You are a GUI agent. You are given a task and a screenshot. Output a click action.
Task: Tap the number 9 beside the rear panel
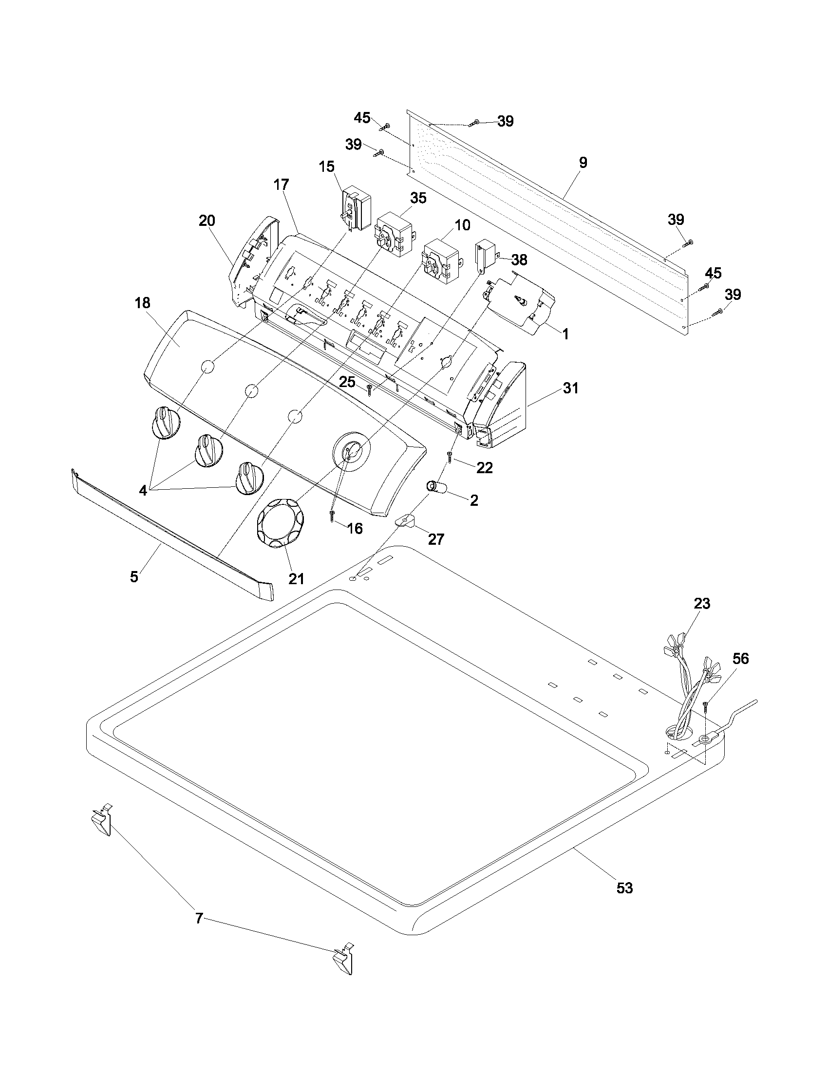click(583, 163)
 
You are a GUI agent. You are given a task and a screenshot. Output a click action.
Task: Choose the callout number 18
click(142, 303)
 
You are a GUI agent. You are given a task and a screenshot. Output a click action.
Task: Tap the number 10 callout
click(462, 225)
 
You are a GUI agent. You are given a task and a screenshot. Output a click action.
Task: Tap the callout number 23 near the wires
click(702, 604)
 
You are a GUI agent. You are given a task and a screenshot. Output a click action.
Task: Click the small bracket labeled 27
click(405, 521)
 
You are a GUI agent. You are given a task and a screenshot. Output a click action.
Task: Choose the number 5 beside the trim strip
click(134, 577)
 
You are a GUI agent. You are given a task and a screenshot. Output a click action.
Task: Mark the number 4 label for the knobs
click(143, 490)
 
